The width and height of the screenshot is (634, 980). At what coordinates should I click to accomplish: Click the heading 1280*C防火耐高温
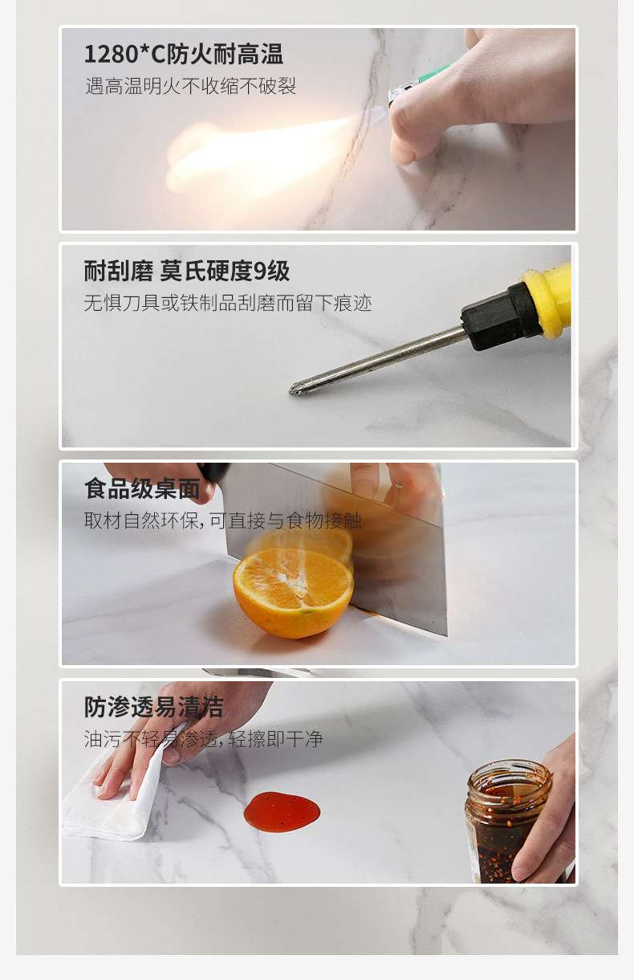(184, 55)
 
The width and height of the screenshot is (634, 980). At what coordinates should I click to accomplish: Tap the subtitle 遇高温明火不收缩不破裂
(191, 86)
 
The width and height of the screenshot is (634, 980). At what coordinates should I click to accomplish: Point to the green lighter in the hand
(419, 82)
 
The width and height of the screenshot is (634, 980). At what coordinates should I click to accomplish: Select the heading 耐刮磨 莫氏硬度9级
(187, 271)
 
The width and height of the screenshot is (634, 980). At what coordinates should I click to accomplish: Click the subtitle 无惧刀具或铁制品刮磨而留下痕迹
(228, 303)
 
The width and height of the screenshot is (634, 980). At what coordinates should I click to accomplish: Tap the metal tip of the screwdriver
(296, 389)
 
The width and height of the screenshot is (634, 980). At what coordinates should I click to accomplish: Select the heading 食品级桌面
(142, 488)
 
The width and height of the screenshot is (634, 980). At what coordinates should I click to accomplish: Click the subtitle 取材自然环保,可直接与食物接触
(222, 521)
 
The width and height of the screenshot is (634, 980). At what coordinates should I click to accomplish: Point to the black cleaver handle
(213, 472)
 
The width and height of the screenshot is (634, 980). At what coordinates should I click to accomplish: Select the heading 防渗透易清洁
(153, 707)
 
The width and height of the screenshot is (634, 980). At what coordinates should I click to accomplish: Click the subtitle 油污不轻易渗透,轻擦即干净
(203, 739)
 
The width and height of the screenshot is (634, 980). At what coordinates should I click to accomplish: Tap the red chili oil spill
(282, 811)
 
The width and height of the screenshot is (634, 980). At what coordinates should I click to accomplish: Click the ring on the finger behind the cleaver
(398, 484)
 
